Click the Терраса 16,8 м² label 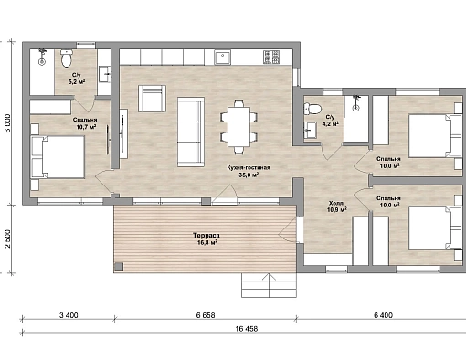(206, 239)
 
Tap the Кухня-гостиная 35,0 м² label (249, 171)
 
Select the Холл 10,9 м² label (336, 206)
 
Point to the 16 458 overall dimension (247, 329)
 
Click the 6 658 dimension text (206, 315)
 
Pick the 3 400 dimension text (69, 315)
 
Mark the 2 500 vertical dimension (7, 238)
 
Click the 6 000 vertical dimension (7, 123)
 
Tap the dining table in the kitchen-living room (239, 126)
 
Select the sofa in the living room (191, 132)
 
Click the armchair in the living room (152, 99)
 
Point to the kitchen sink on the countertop (223, 58)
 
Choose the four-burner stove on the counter (271, 57)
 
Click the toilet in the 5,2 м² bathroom (67, 58)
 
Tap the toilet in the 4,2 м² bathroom (312, 109)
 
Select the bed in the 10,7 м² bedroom (58, 157)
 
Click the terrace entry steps (269, 285)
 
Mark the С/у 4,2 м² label (331, 121)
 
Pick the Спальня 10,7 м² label (85, 123)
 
